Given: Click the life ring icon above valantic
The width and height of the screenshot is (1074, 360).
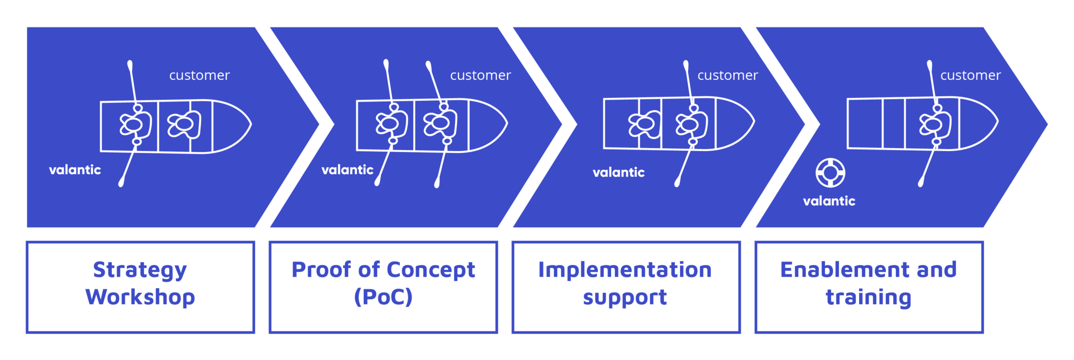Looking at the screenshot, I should [x=830, y=173].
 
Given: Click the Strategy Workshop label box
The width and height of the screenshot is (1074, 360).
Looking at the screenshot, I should [x=140, y=287].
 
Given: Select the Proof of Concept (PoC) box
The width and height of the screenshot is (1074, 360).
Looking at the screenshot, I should [x=384, y=287].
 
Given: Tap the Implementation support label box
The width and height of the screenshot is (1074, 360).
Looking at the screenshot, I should [x=626, y=287].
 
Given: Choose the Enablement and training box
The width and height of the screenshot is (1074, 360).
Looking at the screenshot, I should [x=869, y=287].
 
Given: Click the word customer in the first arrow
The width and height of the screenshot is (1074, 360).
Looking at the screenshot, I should [x=199, y=75].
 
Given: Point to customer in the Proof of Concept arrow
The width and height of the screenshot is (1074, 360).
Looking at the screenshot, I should [x=480, y=75].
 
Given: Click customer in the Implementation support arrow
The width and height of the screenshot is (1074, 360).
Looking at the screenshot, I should [x=728, y=75].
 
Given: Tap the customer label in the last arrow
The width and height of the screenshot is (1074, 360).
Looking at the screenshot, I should [x=970, y=75].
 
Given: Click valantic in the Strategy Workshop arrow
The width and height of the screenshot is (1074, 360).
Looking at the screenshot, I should [x=75, y=170].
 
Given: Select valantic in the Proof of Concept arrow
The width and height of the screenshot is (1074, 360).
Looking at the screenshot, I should [x=347, y=170].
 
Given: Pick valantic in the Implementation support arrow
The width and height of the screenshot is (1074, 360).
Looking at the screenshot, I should [x=619, y=172].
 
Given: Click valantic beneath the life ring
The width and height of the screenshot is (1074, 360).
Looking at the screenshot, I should [x=829, y=201].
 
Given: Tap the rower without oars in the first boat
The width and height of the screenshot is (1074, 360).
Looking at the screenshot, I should [x=183, y=124].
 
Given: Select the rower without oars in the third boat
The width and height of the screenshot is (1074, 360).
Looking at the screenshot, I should [x=644, y=124].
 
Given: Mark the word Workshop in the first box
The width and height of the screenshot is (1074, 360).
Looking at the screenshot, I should [x=140, y=297].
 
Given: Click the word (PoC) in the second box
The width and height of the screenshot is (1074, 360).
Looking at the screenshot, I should [x=383, y=297].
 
